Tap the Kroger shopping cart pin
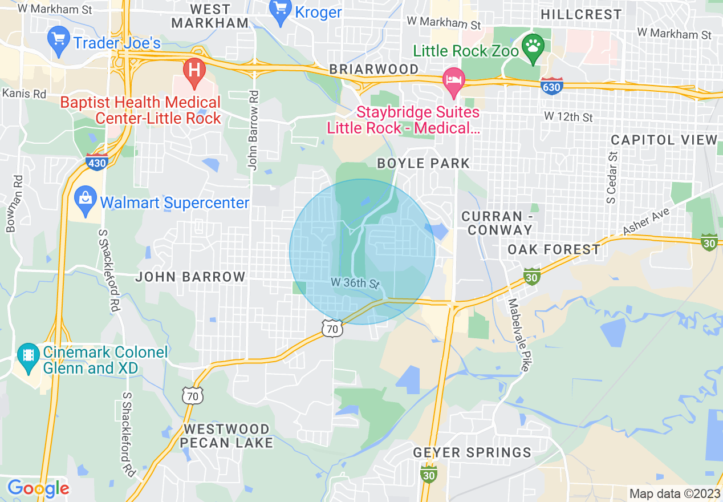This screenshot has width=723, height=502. coord(281,11)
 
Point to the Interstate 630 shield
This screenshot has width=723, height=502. coord(552,86)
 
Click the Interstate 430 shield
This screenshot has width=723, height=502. coord(97,161)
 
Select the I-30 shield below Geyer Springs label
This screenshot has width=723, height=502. coord(429,473)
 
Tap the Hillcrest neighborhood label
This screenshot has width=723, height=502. coord(580,14)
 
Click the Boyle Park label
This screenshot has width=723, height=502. coord(423,163)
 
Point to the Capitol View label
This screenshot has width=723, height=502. coord(664,140)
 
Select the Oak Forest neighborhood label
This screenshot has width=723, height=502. coord(554,249)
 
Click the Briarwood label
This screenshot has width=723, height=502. coord(373,69)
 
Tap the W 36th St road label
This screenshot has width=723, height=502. coord(355,283)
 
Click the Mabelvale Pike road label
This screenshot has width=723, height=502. coord(518,335)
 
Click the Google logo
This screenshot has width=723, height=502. coord(38,488)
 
